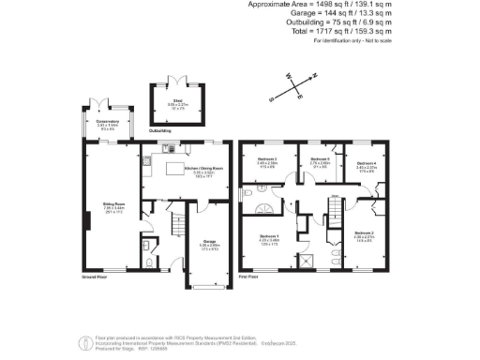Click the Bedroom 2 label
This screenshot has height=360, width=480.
[365, 232]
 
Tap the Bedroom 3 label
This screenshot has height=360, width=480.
[268, 159]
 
